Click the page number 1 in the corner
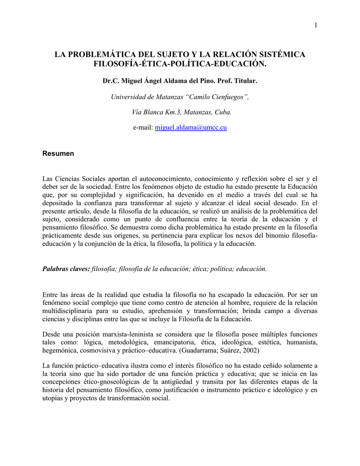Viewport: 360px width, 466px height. click(315, 25)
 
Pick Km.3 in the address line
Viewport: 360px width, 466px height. click(172, 112)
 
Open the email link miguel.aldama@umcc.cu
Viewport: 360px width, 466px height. click(191, 128)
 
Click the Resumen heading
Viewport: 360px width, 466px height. click(58, 154)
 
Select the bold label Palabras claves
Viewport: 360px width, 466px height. click(66, 269)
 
